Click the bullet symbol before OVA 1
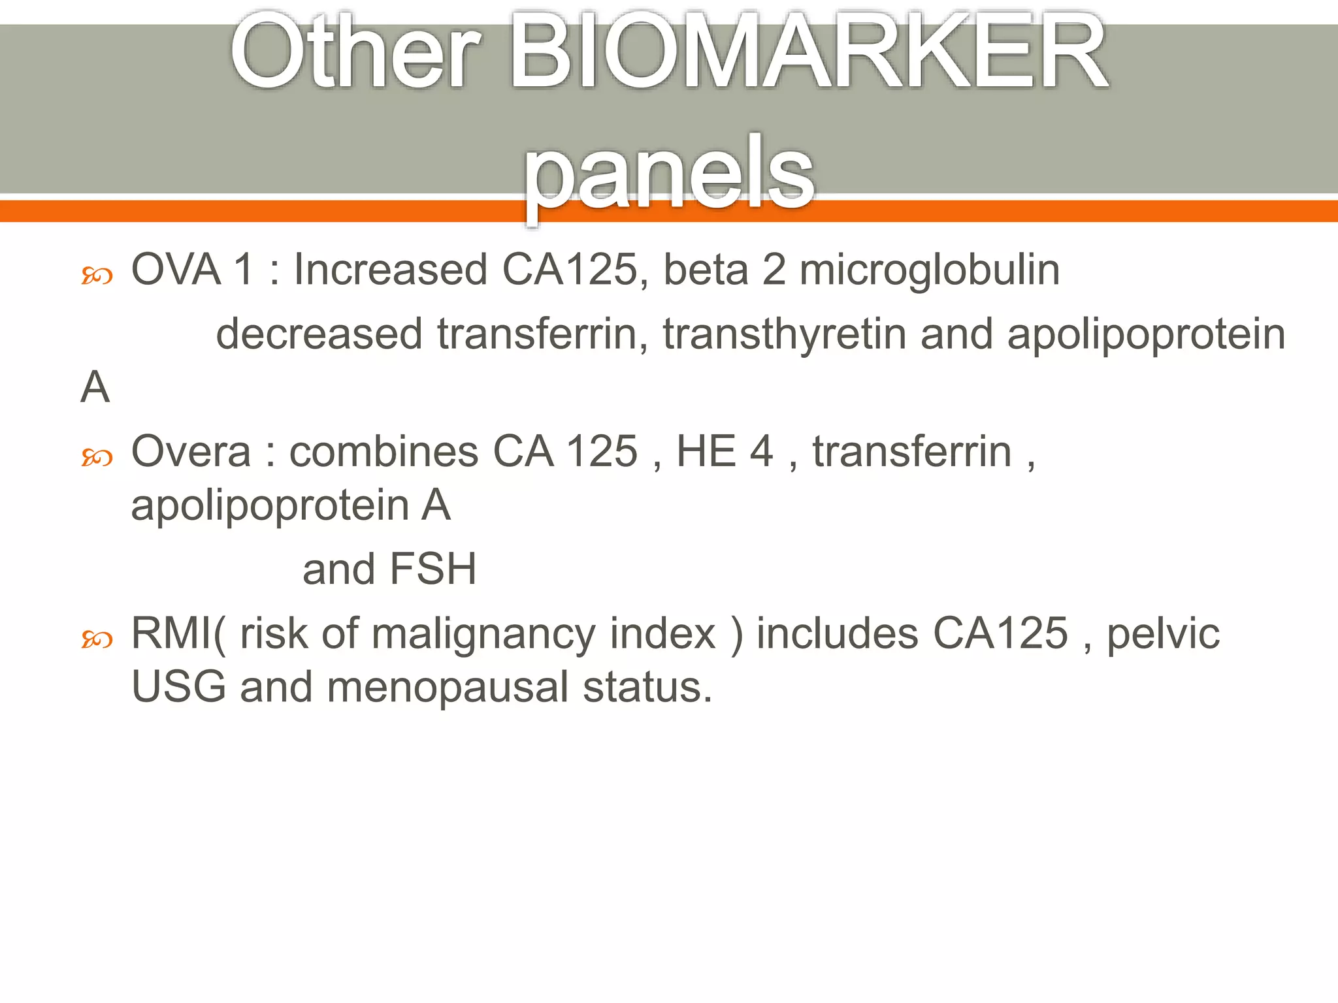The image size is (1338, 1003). (x=97, y=276)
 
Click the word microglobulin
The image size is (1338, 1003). (x=929, y=270)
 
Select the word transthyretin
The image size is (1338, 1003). (x=784, y=334)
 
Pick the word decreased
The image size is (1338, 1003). (x=319, y=334)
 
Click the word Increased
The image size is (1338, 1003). (x=390, y=270)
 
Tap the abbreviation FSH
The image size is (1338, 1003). (x=432, y=569)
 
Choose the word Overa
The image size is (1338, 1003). (x=191, y=452)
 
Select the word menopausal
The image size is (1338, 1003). (x=448, y=688)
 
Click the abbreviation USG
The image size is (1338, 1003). (x=178, y=688)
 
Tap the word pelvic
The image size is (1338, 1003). (x=1163, y=634)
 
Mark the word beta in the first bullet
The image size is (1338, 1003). (x=706, y=270)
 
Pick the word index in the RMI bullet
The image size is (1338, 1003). (x=662, y=634)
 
